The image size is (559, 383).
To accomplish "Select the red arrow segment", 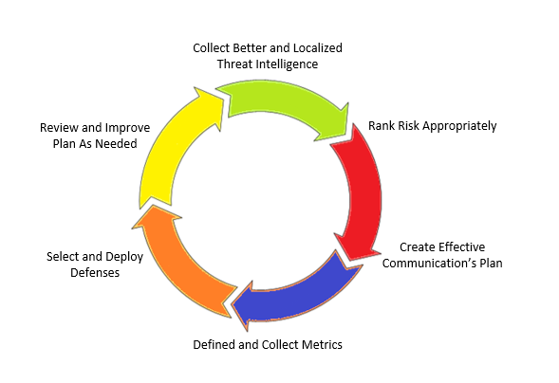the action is (363, 192).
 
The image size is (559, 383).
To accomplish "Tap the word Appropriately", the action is (459, 126).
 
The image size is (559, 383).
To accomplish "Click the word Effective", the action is (461, 247).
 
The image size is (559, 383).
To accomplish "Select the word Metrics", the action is (322, 344).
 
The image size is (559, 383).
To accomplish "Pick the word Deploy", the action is (124, 257).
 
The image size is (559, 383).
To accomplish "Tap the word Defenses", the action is (95, 273).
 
